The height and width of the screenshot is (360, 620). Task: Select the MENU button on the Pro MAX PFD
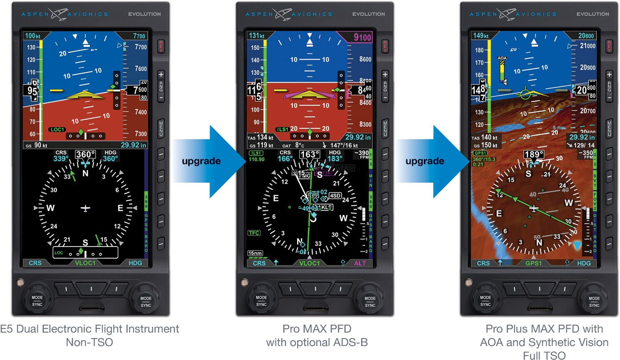tap(385, 127)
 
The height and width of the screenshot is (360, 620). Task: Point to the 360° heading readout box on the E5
tap(85, 155)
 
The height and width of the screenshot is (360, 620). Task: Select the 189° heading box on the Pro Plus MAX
tap(533, 155)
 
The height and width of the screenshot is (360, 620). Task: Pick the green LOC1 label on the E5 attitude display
tap(57, 130)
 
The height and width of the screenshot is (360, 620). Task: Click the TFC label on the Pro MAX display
tap(254, 233)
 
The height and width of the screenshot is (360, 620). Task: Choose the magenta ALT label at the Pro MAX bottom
tap(360, 263)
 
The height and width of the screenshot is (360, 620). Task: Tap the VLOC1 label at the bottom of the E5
tap(85, 263)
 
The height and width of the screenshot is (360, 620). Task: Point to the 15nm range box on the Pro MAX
tap(256, 253)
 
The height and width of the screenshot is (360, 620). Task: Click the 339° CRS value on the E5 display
tap(61, 159)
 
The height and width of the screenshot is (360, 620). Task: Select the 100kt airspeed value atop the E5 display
tap(32, 36)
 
